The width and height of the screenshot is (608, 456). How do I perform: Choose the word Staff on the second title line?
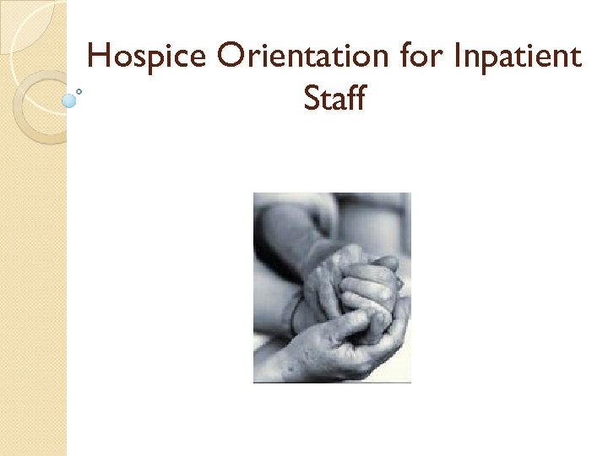[334, 98]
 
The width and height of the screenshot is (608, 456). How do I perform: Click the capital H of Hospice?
[100, 57]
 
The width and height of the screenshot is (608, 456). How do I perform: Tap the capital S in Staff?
[311, 99]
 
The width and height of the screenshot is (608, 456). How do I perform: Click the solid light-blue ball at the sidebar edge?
[69, 100]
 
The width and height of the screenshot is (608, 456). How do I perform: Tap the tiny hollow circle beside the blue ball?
[79, 91]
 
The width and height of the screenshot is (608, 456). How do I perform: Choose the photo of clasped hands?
[332, 287]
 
